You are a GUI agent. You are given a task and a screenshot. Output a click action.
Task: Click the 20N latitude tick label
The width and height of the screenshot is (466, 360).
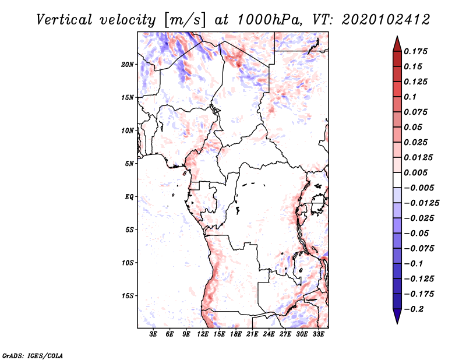128,64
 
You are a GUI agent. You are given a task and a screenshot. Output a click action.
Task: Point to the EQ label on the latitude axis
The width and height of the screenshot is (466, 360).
129,196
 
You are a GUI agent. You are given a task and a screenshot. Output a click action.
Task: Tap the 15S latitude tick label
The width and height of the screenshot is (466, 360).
128,295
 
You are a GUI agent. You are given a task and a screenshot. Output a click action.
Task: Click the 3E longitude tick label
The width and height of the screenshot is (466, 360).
153,334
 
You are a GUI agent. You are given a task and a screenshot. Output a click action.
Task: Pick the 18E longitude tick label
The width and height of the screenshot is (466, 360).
235,334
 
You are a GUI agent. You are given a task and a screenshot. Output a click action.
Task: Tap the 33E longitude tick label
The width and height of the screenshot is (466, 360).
318,334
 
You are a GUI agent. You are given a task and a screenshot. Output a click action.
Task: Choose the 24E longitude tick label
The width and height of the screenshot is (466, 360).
269,334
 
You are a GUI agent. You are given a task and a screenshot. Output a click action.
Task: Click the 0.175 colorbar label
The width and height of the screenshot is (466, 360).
416,51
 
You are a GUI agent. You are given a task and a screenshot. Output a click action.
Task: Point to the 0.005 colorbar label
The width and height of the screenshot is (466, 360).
416,172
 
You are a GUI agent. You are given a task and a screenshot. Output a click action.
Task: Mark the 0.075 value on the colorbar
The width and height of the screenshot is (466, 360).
416,112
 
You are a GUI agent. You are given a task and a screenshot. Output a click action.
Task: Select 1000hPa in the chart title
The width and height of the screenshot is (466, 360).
264,19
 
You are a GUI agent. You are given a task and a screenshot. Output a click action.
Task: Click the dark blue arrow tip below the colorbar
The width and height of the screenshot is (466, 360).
397,318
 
